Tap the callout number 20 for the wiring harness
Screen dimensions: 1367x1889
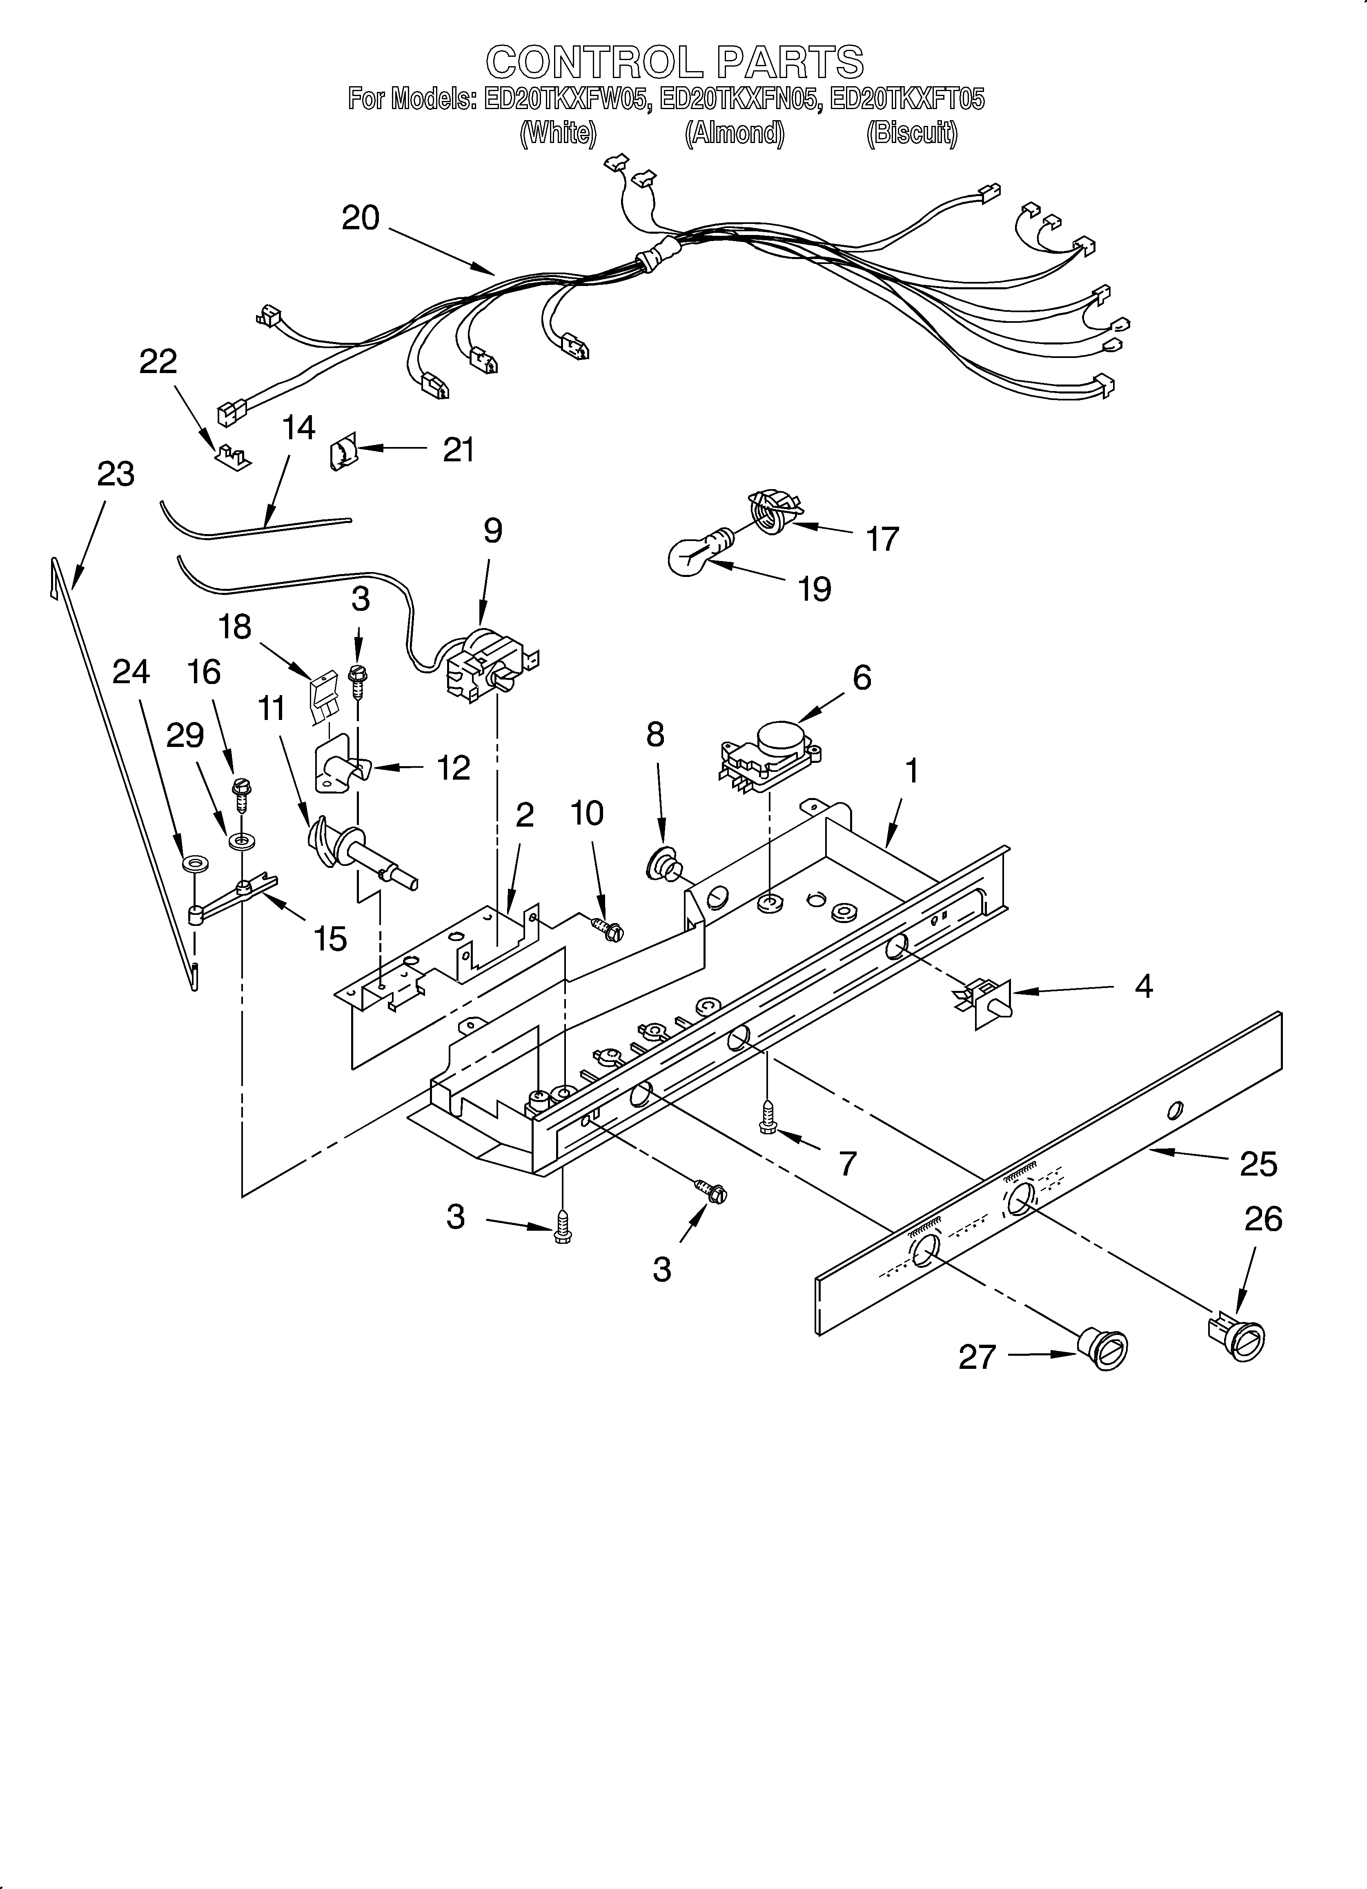(361, 218)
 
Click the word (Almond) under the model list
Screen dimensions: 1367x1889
(734, 133)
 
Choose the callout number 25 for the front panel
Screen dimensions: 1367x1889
(1258, 1164)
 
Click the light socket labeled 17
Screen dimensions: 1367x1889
(773, 510)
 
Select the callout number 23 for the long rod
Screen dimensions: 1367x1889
(116, 474)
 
